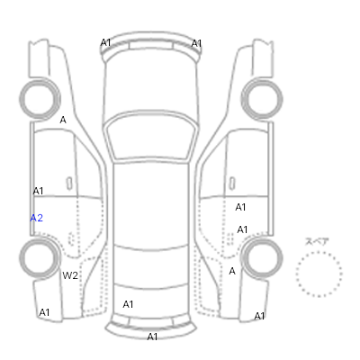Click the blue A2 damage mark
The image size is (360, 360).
[37, 218]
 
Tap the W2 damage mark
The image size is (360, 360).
[70, 275]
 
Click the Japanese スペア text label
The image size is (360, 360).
[317, 241]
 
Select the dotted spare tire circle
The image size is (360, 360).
[319, 252]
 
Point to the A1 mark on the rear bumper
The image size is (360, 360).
[152, 337]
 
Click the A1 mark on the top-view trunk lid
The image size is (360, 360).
[128, 304]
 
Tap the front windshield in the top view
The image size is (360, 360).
[152, 136]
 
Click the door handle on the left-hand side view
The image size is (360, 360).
[69, 183]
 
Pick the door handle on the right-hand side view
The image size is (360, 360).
[232, 183]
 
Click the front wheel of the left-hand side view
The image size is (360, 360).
[21, 99]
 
